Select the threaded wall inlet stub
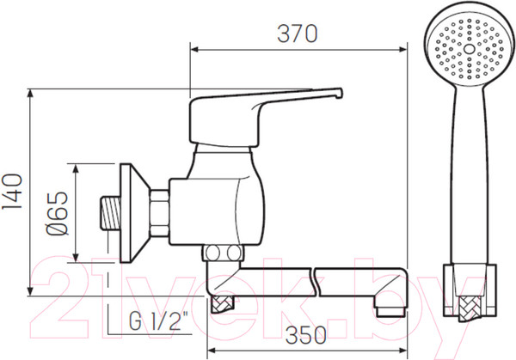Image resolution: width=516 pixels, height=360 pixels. click(x=111, y=212)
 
